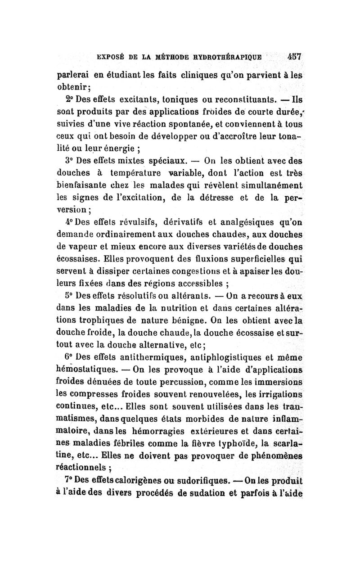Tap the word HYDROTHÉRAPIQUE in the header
(x=223, y=58)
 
